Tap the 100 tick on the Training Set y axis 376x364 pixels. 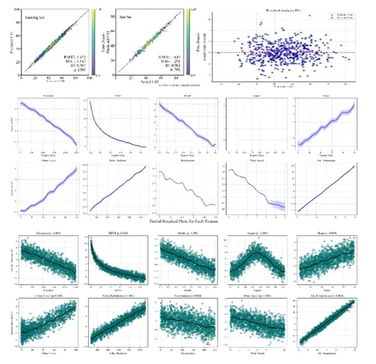pyautogui.click(x=18, y=10)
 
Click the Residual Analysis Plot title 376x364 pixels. pyautogui.click(x=284, y=9)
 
